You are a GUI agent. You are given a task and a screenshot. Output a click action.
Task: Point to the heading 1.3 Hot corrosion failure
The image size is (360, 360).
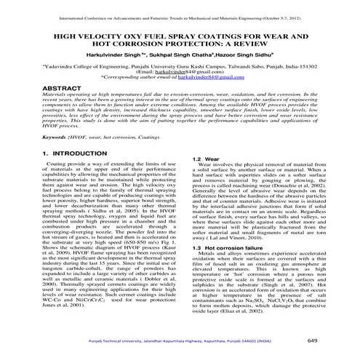click(x=229, y=268)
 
